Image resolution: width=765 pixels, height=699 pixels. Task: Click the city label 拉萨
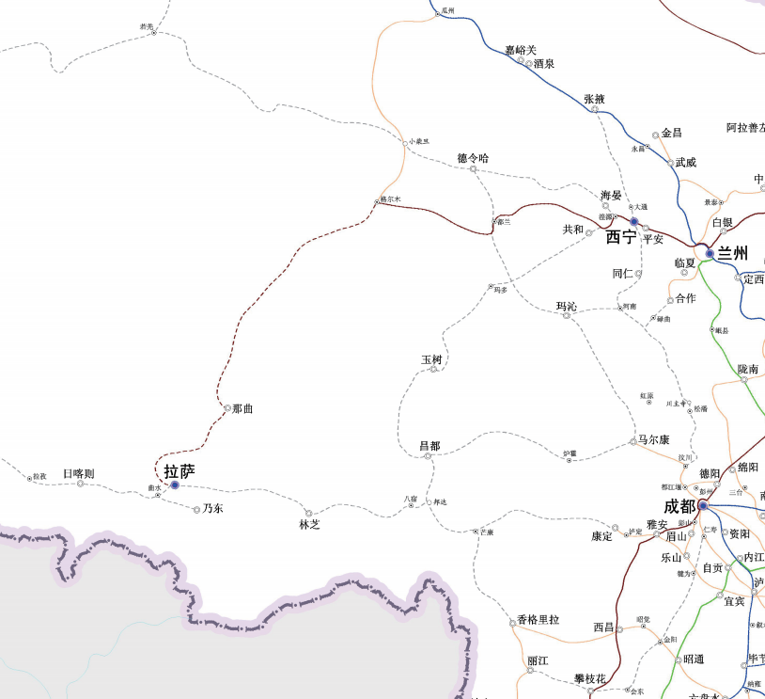click(179, 471)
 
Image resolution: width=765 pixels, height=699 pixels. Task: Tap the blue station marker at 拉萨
click(174, 485)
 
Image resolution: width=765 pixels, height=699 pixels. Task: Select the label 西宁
click(621, 236)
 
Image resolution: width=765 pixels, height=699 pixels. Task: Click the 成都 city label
click(679, 506)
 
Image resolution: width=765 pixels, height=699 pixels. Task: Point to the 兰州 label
click(732, 253)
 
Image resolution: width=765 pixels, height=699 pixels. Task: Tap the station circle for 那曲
click(226, 409)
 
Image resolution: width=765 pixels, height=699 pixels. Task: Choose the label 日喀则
click(78, 473)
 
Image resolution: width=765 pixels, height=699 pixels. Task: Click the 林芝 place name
click(310, 524)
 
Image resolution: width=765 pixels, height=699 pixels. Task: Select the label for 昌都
click(429, 445)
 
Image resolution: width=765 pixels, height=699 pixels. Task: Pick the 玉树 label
click(431, 359)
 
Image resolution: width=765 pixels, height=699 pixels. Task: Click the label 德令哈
click(473, 158)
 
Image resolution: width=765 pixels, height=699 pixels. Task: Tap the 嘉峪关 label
click(520, 50)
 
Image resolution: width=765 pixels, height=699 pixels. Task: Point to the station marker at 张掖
click(595, 109)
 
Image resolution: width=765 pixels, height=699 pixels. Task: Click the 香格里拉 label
click(539, 620)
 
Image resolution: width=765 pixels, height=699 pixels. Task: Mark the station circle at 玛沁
click(567, 315)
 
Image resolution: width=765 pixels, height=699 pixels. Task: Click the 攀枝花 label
click(590, 678)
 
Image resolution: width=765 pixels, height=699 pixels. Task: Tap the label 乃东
click(212, 508)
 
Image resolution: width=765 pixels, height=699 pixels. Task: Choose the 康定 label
click(601, 535)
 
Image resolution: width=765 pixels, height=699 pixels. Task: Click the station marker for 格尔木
click(379, 200)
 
